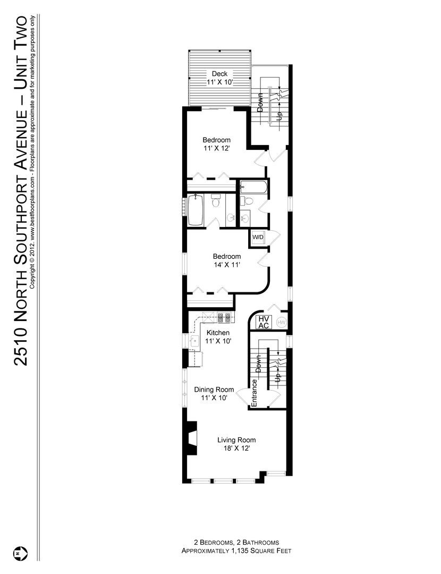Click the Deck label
point(219,73)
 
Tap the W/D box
point(258,237)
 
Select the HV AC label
point(264,322)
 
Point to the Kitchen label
point(218,333)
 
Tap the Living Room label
point(236,440)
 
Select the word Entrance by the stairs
point(255,393)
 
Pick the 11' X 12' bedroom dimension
point(216,149)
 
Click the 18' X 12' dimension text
point(236,448)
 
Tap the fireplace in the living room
point(192,437)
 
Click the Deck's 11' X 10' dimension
point(219,82)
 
